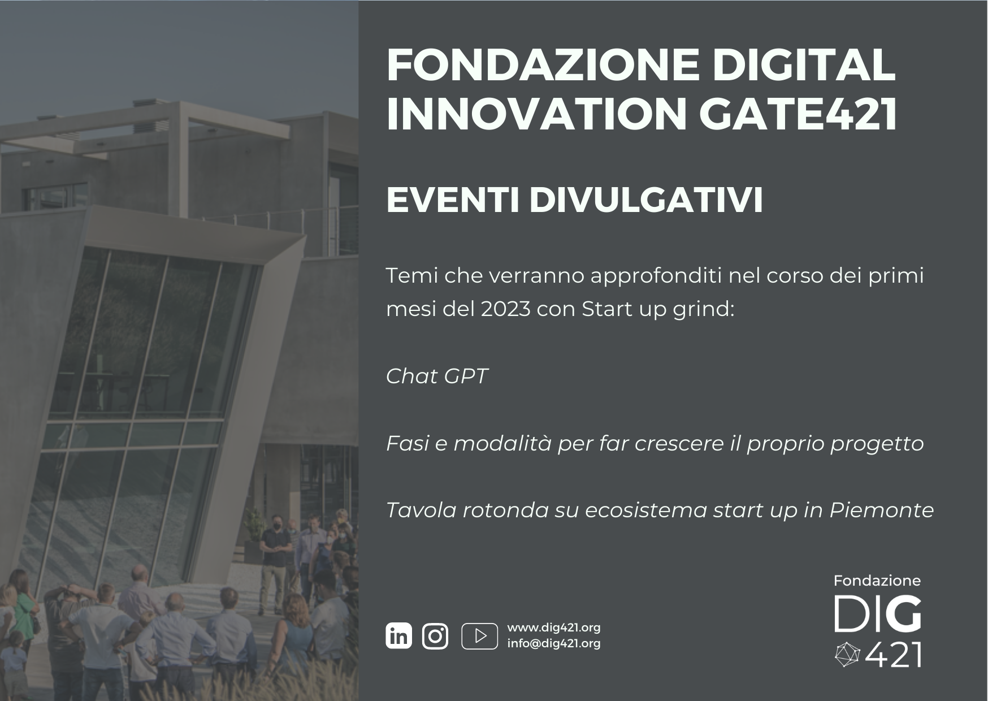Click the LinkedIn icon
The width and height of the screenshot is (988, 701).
[399, 636]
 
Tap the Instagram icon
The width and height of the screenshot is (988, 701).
[435, 636]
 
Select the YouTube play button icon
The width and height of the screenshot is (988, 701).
[480, 636]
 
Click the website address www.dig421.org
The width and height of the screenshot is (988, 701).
[554, 628]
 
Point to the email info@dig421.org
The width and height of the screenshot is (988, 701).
[554, 643]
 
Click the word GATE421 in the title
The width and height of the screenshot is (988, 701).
[798, 114]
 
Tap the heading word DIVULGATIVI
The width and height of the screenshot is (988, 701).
[646, 200]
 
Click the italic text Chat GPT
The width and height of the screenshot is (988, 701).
[437, 376]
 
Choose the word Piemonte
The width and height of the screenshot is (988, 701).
[881, 510]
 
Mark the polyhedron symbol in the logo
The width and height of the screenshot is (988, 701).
[847, 655]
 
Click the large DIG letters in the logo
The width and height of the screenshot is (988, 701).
[878, 614]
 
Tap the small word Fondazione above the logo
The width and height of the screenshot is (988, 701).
[877, 581]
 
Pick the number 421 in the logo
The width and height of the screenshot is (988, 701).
[893, 655]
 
